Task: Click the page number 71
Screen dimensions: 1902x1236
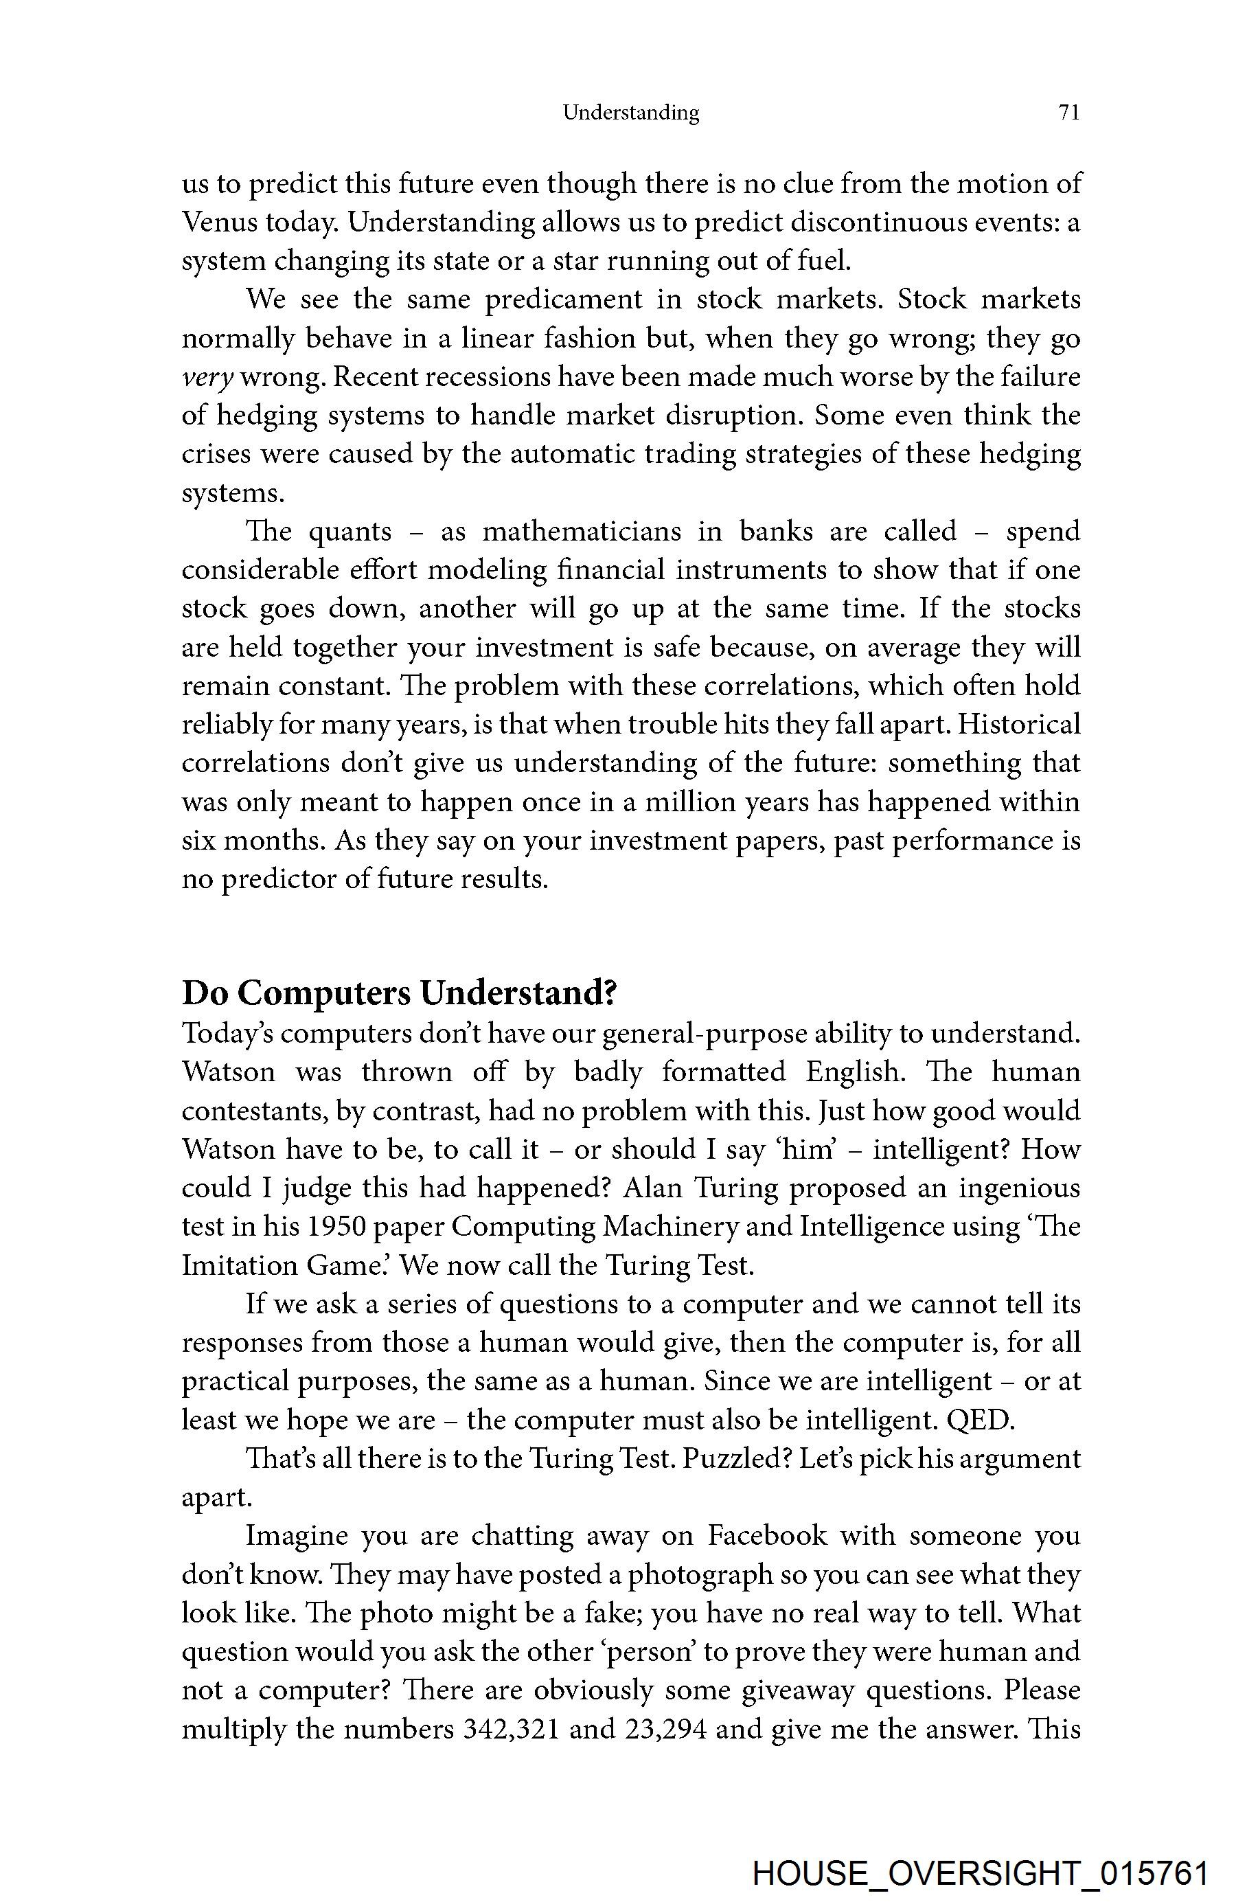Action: tap(1068, 113)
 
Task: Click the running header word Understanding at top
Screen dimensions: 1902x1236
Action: tap(630, 113)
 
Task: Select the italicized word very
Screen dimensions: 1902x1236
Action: tap(207, 377)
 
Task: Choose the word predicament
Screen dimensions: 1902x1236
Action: tap(563, 299)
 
